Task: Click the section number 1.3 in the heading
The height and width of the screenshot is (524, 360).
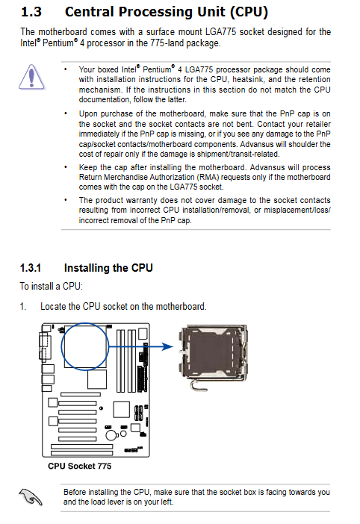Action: tap(31, 12)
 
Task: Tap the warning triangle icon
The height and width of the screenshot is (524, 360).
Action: tap(32, 77)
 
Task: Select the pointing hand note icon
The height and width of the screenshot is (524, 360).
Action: tap(31, 497)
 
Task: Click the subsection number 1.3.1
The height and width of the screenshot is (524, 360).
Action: tap(31, 268)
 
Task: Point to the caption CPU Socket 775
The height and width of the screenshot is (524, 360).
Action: tap(80, 467)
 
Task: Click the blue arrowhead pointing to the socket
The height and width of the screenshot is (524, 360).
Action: tap(167, 346)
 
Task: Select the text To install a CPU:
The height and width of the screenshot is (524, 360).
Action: tap(51, 287)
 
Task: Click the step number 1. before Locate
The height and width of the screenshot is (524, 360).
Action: tap(22, 307)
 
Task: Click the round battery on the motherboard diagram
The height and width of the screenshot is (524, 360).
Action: tap(111, 435)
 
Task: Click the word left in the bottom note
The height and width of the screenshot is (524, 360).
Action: tap(166, 502)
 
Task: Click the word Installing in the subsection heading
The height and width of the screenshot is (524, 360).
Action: tap(87, 268)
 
